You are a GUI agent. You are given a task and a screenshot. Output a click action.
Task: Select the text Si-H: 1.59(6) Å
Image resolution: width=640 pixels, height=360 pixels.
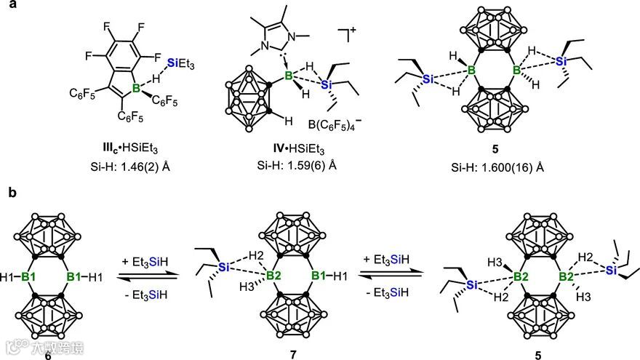(308, 165)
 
